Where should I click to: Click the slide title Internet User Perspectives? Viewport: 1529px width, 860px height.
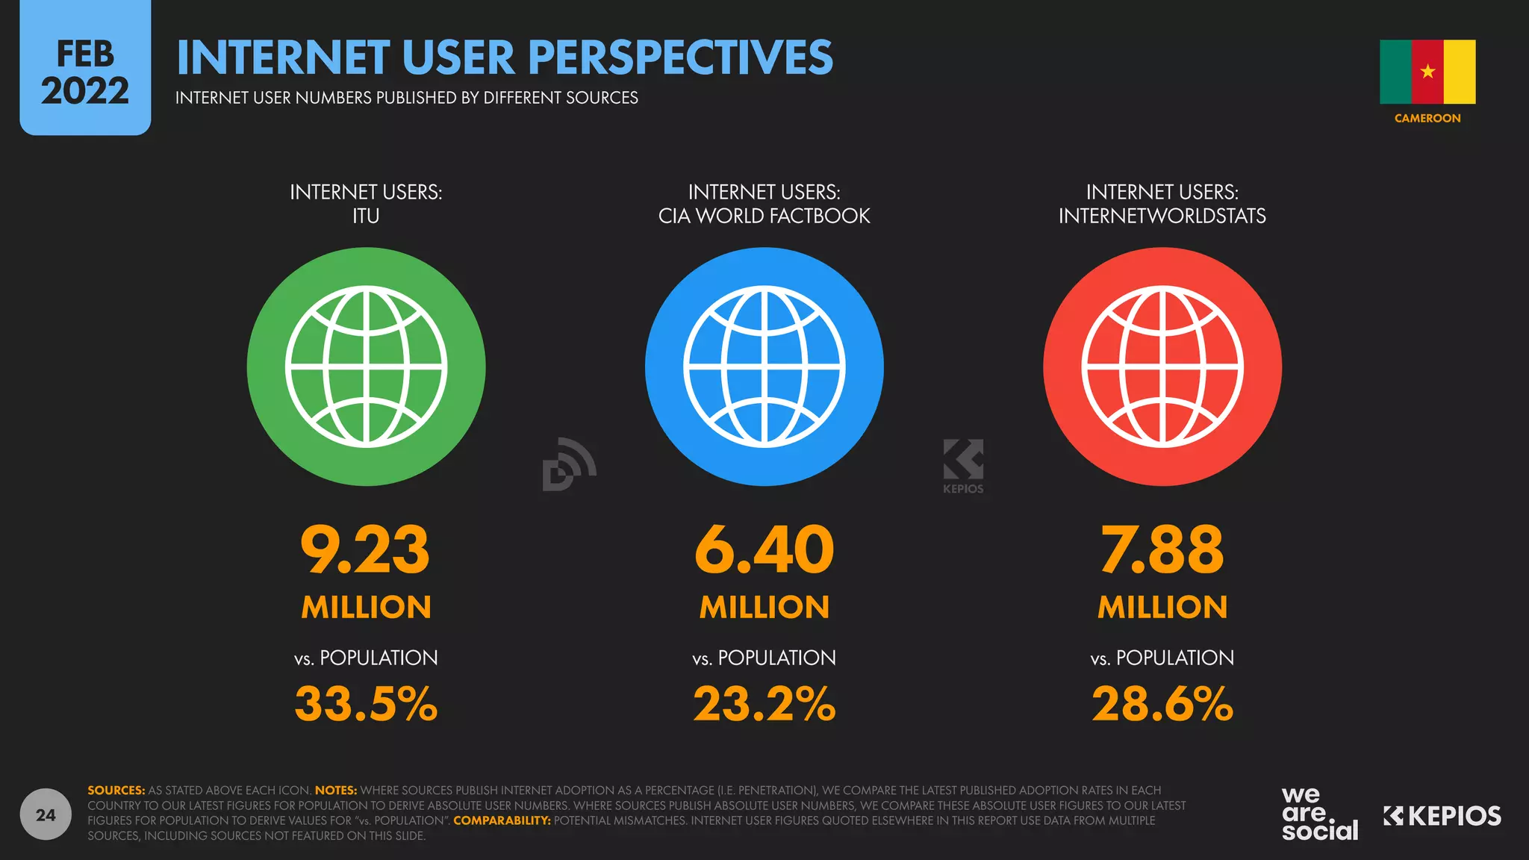[x=505, y=57]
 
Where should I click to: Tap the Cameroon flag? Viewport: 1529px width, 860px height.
[x=1427, y=72]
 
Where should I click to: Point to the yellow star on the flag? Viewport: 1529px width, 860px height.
[x=1427, y=72]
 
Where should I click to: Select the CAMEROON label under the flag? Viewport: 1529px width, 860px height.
[x=1427, y=118]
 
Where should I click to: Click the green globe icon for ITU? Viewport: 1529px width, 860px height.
[x=366, y=367]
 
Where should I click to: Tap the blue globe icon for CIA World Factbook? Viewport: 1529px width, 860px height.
[x=764, y=367]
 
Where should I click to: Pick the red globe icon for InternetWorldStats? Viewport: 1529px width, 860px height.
[x=1162, y=367]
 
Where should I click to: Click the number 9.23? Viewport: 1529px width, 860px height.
[x=365, y=550]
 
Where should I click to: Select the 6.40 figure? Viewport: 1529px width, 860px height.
[x=764, y=550]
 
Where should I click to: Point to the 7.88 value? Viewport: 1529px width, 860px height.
[x=1162, y=550]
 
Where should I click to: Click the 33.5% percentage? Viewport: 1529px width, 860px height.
[x=366, y=704]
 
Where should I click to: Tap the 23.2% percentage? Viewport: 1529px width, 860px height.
[x=764, y=704]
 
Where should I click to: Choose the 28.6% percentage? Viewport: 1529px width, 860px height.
[x=1162, y=704]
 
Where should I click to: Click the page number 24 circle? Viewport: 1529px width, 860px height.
[x=46, y=814]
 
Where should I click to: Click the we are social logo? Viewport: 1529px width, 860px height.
[x=1319, y=814]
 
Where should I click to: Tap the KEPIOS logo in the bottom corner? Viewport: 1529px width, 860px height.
[x=1442, y=816]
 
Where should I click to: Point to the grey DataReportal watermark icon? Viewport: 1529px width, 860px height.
[x=568, y=464]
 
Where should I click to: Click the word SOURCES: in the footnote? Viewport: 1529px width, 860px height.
[x=116, y=790]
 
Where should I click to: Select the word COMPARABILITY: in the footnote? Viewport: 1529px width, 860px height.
[x=502, y=820]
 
